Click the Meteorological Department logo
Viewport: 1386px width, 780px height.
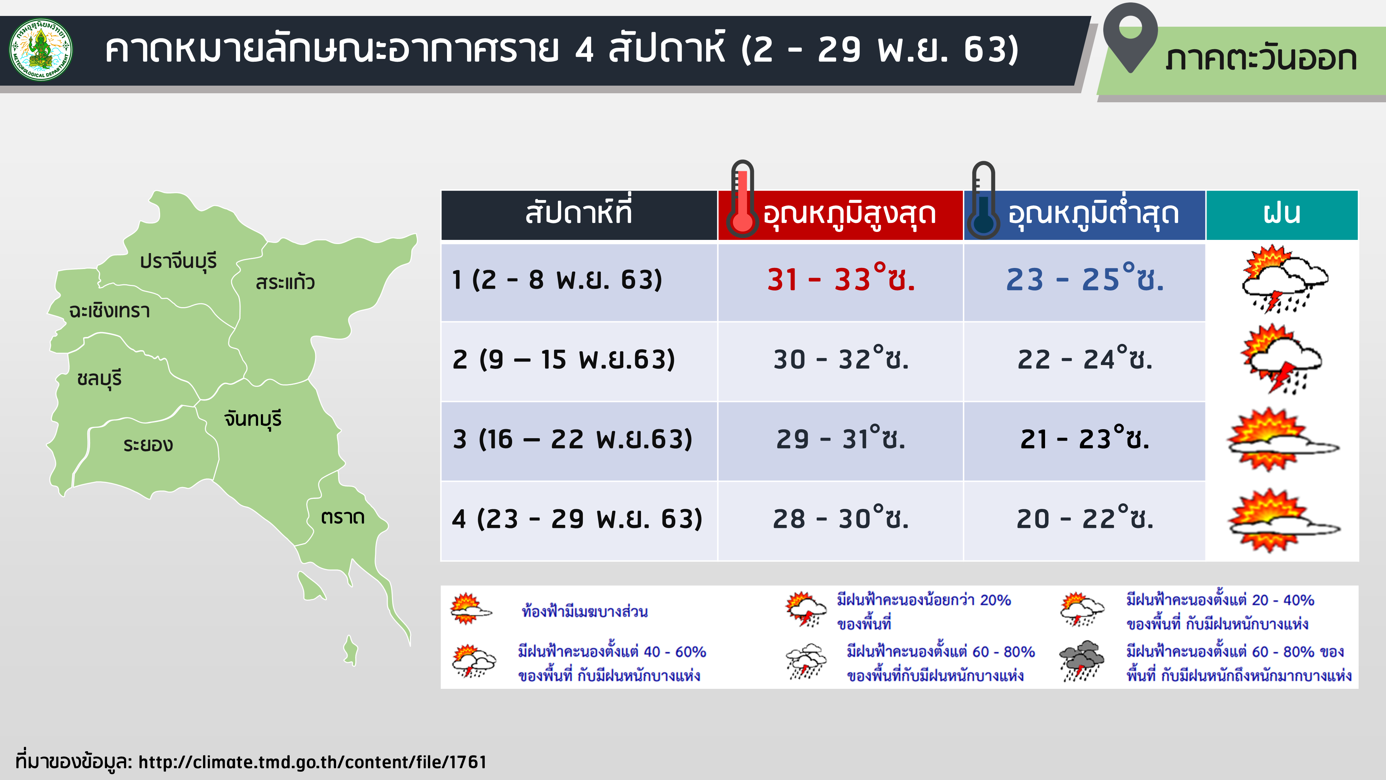coord(41,50)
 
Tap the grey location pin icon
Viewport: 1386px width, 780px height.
coord(1130,37)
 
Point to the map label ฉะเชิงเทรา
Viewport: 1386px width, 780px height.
coord(109,311)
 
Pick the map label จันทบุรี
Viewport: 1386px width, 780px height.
coord(253,419)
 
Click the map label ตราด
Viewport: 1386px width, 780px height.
coord(343,517)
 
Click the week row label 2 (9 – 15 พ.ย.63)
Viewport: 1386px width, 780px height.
coord(564,359)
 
